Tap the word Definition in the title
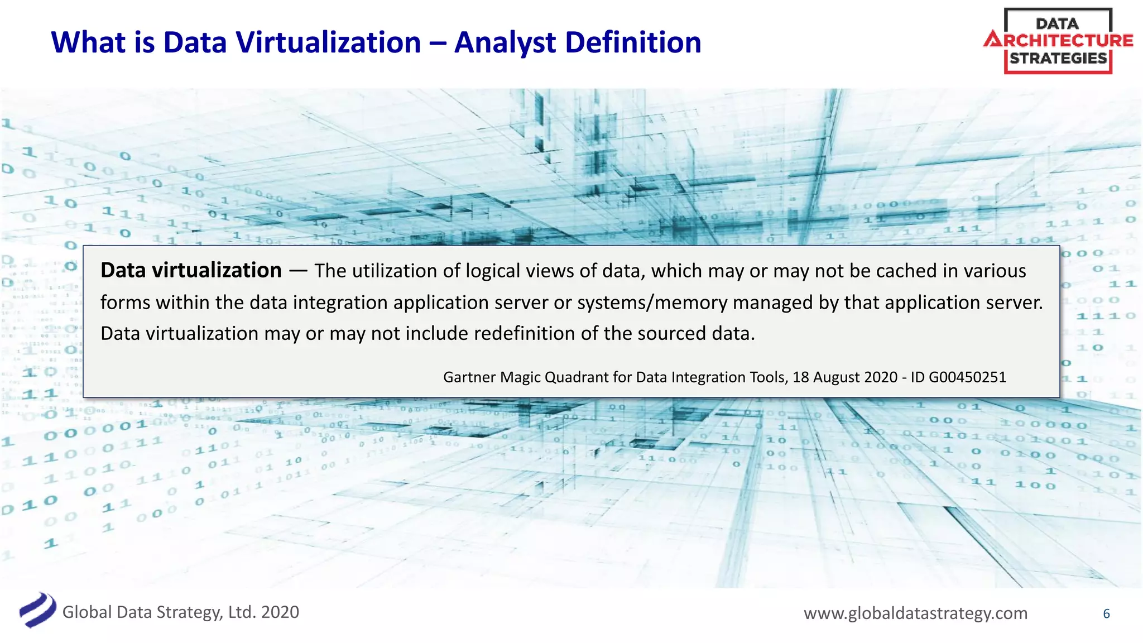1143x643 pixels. [633, 43]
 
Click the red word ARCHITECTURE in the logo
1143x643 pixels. [1058, 41]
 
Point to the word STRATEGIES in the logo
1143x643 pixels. [1058, 58]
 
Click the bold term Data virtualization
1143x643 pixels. [191, 271]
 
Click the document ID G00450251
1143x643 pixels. [967, 377]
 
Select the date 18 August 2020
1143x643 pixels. [845, 377]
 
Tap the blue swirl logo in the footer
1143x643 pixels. [37, 610]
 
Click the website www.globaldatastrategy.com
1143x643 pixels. [915, 613]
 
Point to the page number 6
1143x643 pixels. [1106, 614]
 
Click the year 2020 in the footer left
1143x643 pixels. [280, 612]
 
